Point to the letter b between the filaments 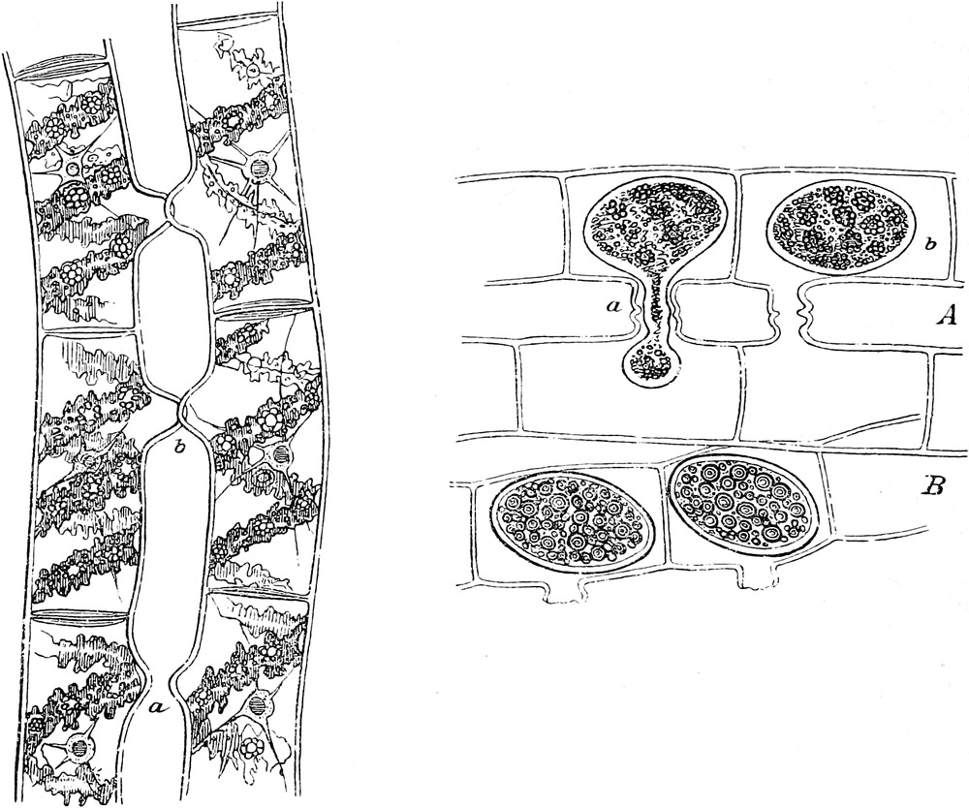click(x=178, y=447)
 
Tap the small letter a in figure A click(x=615, y=305)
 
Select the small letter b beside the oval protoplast click(x=930, y=244)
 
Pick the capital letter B click(x=933, y=486)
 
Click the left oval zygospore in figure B click(x=572, y=519)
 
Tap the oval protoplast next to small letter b click(x=836, y=227)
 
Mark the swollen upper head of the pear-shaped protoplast click(x=656, y=226)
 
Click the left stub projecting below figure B click(x=562, y=591)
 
